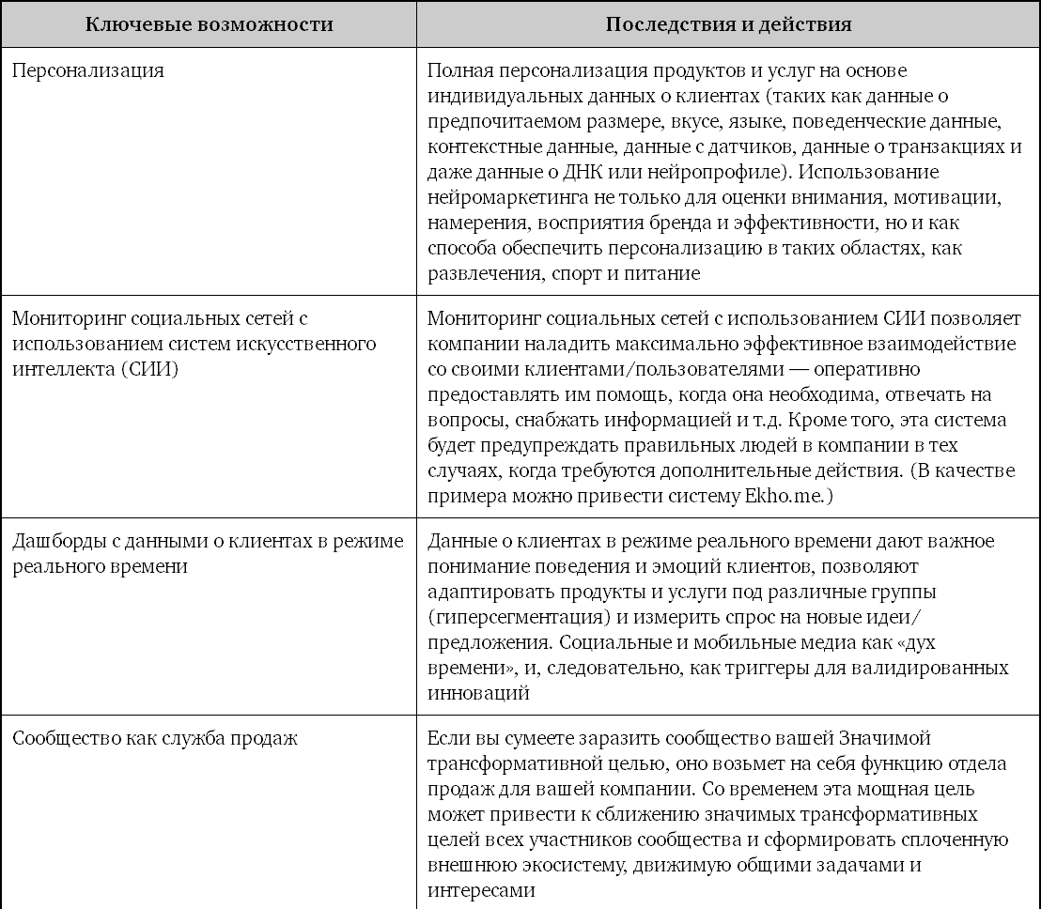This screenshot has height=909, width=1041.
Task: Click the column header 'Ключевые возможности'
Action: (x=209, y=24)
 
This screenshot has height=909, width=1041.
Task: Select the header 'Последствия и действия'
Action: (x=728, y=24)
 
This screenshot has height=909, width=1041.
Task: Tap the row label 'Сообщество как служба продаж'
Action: (x=155, y=738)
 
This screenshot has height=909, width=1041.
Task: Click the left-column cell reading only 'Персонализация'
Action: (x=88, y=70)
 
